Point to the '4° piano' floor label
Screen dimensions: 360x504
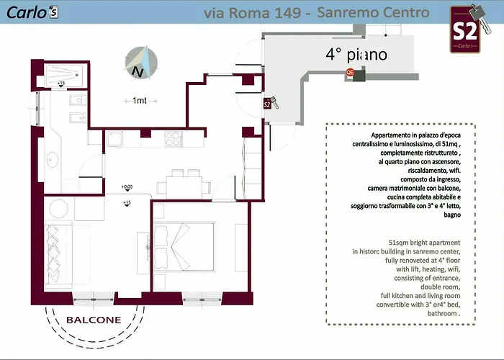click(x=356, y=54)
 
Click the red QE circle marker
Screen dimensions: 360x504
click(x=351, y=72)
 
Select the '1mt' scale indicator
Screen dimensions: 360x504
click(x=135, y=101)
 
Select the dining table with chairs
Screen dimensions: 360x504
click(x=181, y=181)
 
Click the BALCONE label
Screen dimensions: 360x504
click(x=94, y=320)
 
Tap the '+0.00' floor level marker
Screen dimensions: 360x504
click(x=127, y=187)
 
